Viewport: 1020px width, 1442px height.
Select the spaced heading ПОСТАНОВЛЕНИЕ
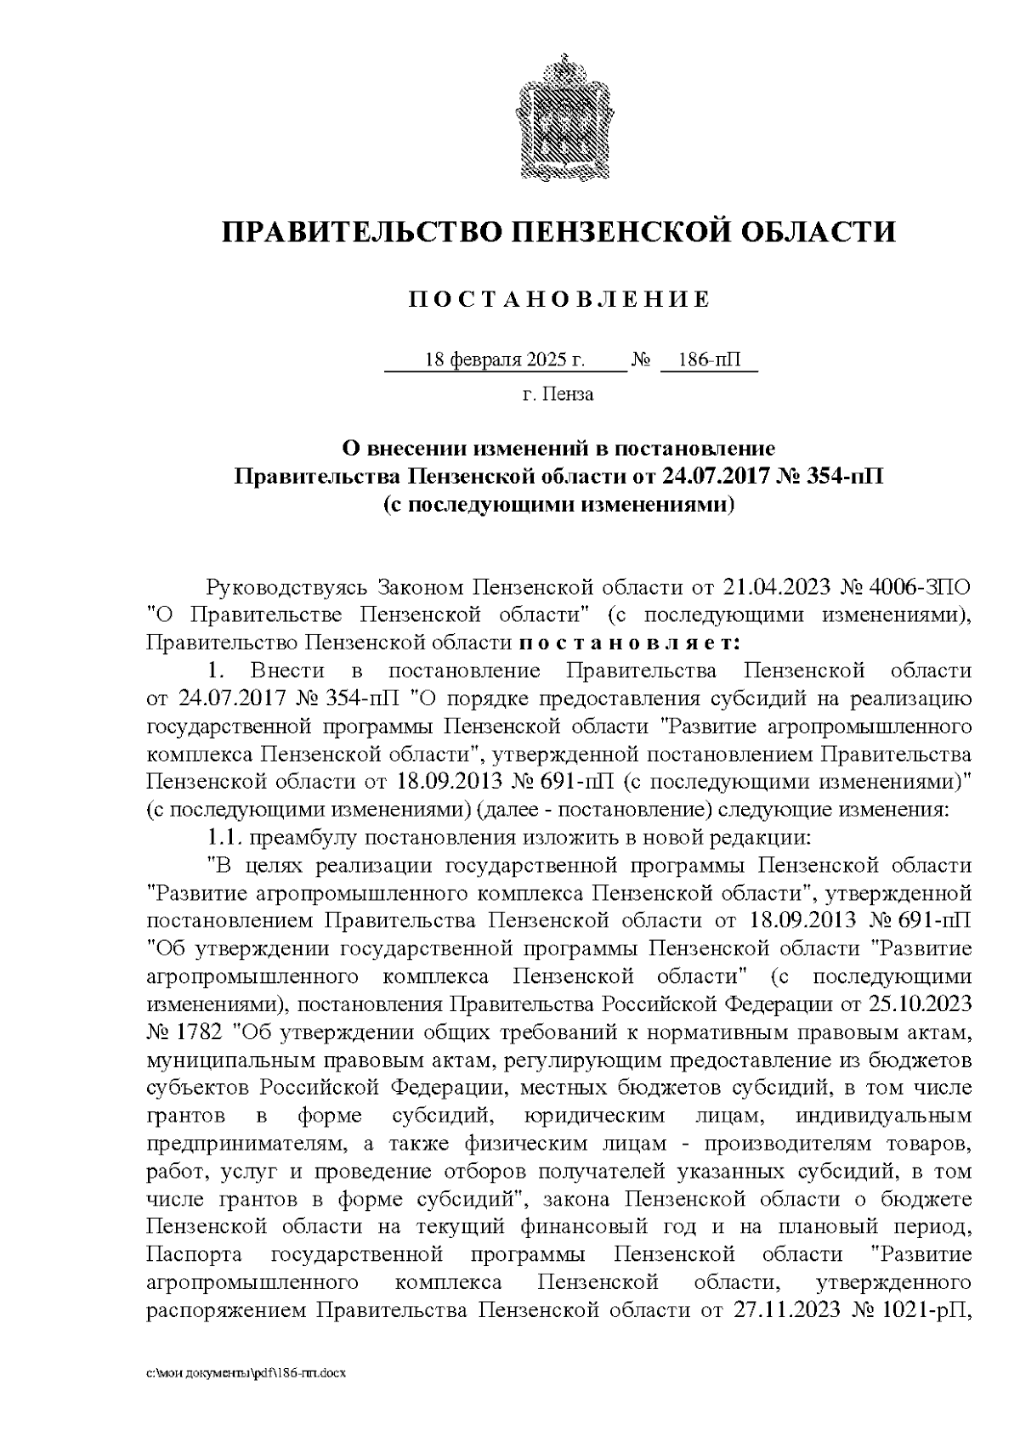(558, 299)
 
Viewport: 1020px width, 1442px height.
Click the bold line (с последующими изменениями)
(558, 505)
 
